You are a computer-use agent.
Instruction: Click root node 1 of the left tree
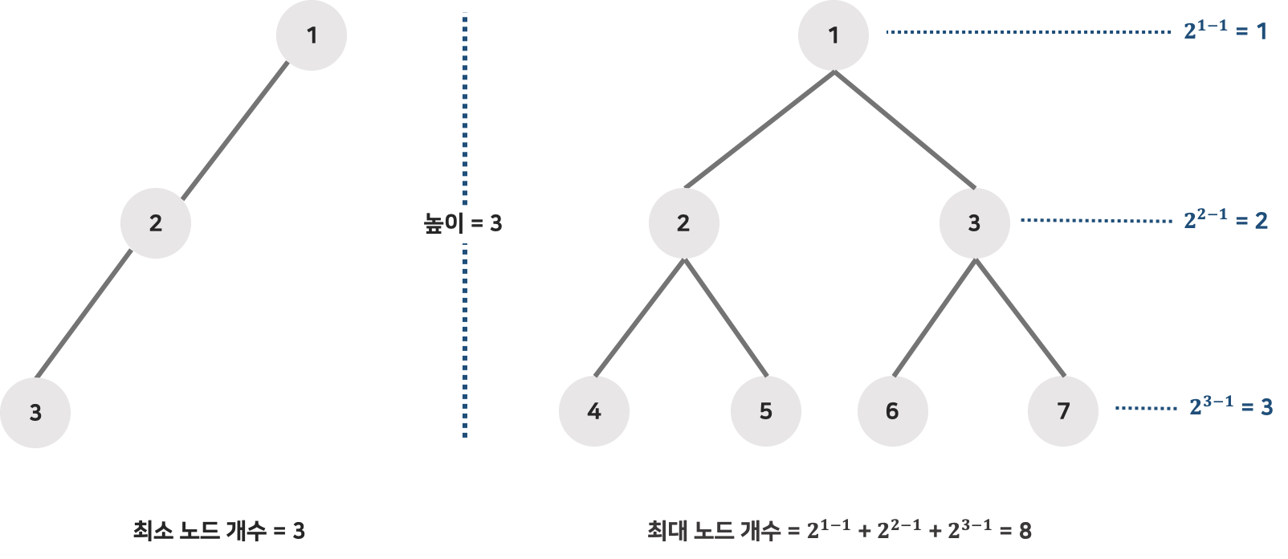point(312,35)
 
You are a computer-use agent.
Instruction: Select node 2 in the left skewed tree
point(156,223)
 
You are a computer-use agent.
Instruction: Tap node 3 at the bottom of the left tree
point(35,412)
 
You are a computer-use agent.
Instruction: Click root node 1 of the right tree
point(834,35)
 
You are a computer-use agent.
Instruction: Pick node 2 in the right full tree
point(683,223)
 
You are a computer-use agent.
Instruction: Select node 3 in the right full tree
point(974,223)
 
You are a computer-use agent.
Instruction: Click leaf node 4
point(594,411)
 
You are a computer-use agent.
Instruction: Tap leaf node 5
point(765,411)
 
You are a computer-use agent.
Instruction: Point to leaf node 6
point(892,411)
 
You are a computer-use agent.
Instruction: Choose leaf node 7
point(1063,411)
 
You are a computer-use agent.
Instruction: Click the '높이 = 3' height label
point(463,223)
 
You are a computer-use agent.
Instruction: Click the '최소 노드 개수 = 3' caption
point(218,531)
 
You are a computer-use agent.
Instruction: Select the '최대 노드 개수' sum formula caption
point(839,530)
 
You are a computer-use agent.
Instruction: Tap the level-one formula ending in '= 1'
point(1225,31)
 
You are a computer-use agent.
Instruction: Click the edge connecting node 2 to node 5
point(725,318)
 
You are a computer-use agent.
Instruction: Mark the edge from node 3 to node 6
point(934,318)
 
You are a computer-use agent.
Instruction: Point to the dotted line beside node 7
point(1146,409)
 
